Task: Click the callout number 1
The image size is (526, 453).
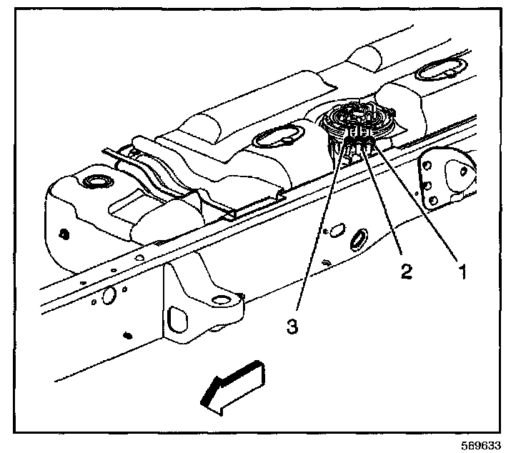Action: click(462, 272)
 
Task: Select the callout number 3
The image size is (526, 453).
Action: click(292, 326)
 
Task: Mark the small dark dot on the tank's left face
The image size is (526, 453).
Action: click(65, 234)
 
